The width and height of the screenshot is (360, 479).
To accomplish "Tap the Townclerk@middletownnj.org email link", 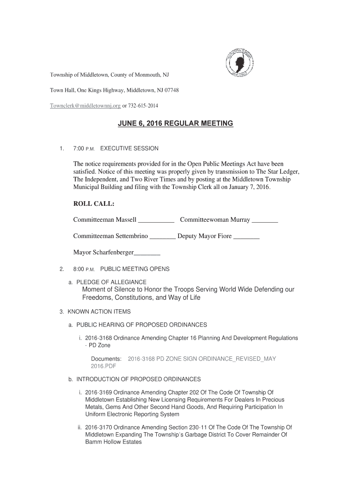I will coord(86,106).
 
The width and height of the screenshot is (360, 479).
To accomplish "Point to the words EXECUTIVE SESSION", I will coord(130,149).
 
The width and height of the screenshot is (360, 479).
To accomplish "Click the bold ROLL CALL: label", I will coord(94,204).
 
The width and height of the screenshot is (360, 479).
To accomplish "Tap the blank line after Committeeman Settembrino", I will coord(162,237).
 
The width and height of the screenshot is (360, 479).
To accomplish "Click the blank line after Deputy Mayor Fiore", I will coord(246,237).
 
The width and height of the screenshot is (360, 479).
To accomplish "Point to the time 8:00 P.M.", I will coord(84,269).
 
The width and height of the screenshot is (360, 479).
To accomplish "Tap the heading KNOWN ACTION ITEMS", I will coord(99,312).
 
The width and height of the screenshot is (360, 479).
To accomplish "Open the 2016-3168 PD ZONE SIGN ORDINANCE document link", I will coord(202,359).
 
